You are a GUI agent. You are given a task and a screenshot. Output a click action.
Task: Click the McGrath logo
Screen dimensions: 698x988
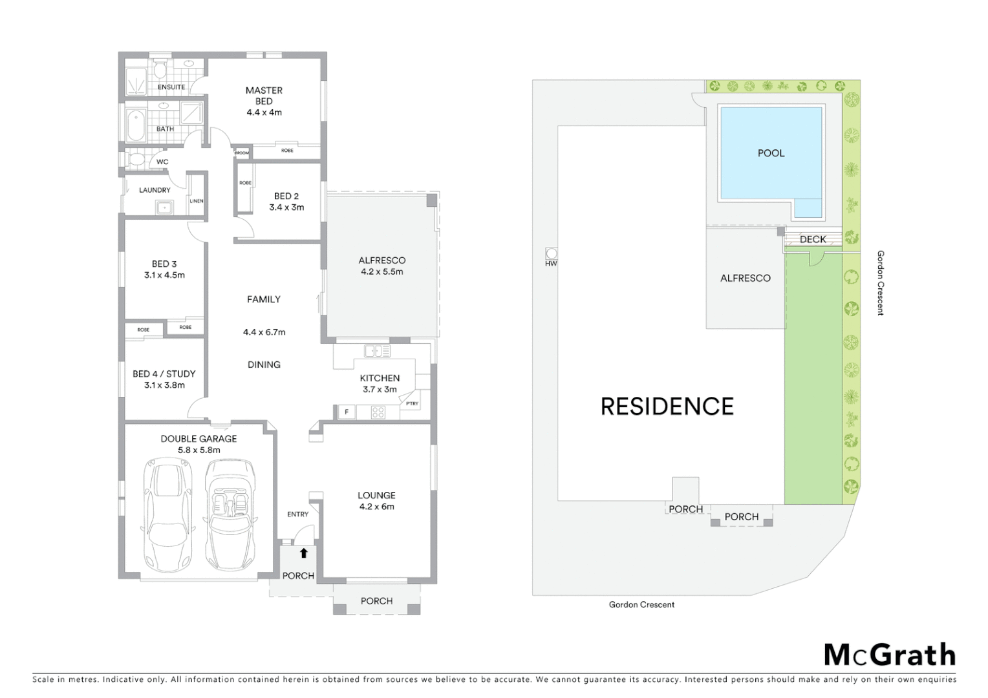pyautogui.click(x=890, y=655)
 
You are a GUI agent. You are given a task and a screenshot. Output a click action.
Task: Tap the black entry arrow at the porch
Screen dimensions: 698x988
pyautogui.click(x=304, y=553)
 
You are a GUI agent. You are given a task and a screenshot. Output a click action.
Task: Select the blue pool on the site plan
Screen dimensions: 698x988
pyautogui.click(x=771, y=153)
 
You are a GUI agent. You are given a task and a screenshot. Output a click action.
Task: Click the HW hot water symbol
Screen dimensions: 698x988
pyautogui.click(x=551, y=253)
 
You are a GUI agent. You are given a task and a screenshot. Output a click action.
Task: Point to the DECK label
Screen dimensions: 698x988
pyautogui.click(x=813, y=239)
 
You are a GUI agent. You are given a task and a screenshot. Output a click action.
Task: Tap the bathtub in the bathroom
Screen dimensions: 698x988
pyautogui.click(x=136, y=125)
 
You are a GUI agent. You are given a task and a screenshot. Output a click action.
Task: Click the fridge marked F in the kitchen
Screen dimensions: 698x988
pyautogui.click(x=347, y=412)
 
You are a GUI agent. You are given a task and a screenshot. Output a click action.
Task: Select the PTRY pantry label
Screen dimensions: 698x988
pyautogui.click(x=412, y=403)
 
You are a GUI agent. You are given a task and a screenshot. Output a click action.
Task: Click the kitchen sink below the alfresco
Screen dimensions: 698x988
pyautogui.click(x=378, y=352)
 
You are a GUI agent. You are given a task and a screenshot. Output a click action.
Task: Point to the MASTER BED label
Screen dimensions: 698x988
pyautogui.click(x=264, y=96)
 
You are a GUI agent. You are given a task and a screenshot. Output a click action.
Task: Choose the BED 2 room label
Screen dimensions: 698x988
pyautogui.click(x=286, y=196)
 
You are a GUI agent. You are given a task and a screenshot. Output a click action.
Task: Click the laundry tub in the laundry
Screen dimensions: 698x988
pyautogui.click(x=164, y=207)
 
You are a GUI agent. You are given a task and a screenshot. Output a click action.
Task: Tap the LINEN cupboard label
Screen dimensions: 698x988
pyautogui.click(x=197, y=201)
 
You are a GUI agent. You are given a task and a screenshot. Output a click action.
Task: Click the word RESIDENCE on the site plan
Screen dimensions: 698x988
pyautogui.click(x=667, y=407)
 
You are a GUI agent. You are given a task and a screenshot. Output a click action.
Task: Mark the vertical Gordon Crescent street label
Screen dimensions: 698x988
pyautogui.click(x=880, y=283)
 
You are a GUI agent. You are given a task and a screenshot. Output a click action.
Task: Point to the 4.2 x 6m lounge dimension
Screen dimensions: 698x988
pyautogui.click(x=376, y=507)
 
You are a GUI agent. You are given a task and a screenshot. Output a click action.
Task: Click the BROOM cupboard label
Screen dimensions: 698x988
pyautogui.click(x=242, y=153)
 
